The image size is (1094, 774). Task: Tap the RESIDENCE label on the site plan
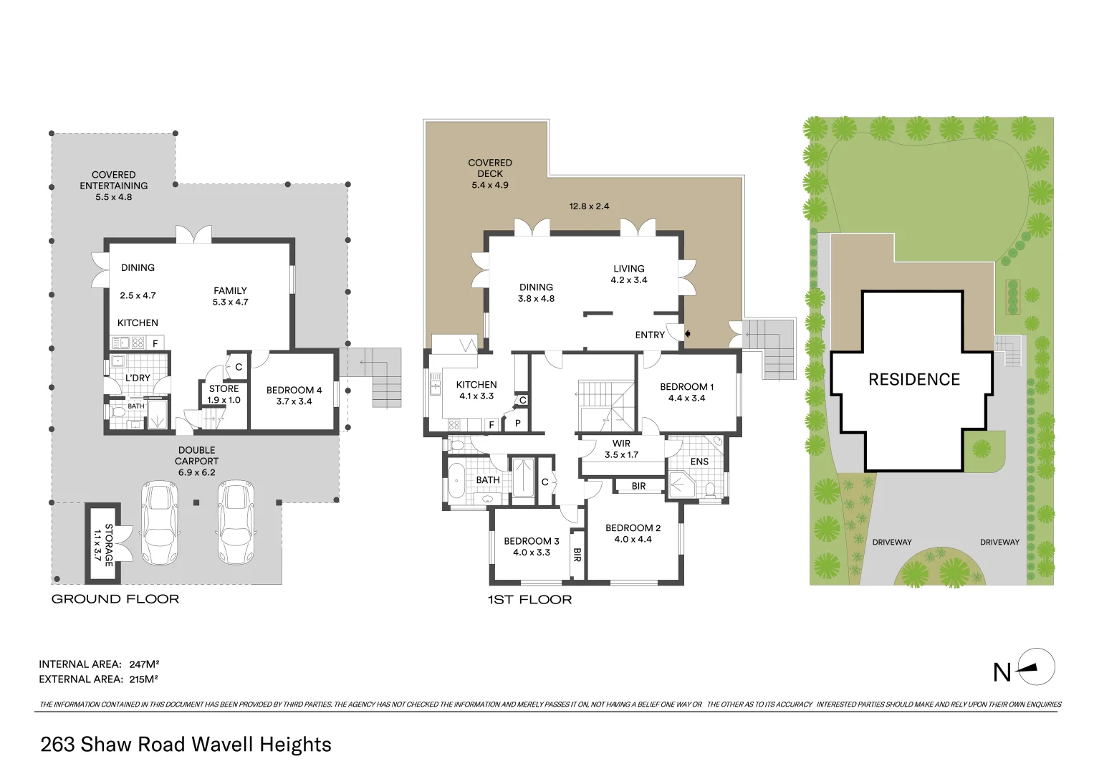(x=913, y=379)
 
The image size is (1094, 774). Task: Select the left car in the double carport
(x=160, y=522)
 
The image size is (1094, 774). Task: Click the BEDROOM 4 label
(x=294, y=390)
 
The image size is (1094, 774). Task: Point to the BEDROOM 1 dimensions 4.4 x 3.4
(x=686, y=398)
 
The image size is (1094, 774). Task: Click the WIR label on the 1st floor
(x=621, y=444)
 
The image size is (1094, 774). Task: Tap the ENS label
(x=699, y=462)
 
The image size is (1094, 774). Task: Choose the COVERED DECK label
(x=490, y=168)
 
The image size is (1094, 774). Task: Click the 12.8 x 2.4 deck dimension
(x=589, y=206)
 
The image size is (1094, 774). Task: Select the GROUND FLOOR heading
(x=115, y=599)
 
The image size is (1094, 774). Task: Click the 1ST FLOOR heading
(x=529, y=600)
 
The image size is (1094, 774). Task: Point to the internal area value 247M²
(x=144, y=664)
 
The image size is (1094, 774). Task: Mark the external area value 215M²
(x=143, y=679)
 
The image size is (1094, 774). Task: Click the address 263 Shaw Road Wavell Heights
(x=186, y=745)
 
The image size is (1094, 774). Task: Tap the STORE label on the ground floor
(x=224, y=388)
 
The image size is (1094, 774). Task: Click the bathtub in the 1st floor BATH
(x=456, y=481)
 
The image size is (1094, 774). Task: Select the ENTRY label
(x=650, y=335)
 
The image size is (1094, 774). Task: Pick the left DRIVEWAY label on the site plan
(x=892, y=542)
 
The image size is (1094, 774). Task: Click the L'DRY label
(x=138, y=378)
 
